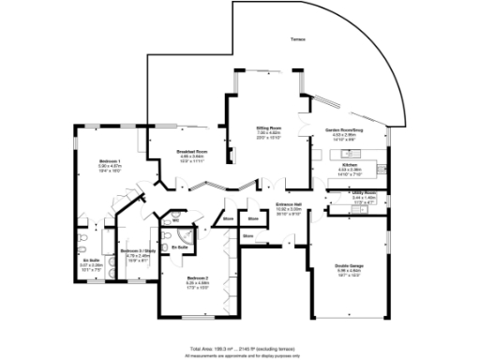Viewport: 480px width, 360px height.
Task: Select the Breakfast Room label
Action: point(194,151)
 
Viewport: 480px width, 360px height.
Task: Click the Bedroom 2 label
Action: point(196,278)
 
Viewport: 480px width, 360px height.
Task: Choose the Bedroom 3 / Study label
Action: point(132,250)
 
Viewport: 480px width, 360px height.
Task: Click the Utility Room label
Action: point(363,194)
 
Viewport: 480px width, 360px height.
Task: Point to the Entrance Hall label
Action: point(288,203)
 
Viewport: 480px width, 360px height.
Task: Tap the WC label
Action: point(162,221)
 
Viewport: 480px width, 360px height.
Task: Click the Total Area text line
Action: point(242,348)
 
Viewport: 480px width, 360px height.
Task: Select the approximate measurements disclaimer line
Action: point(242,355)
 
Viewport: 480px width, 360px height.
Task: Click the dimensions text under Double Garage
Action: point(348,273)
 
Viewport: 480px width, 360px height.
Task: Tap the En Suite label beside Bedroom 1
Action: point(91,261)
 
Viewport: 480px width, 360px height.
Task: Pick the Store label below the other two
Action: point(247,237)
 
